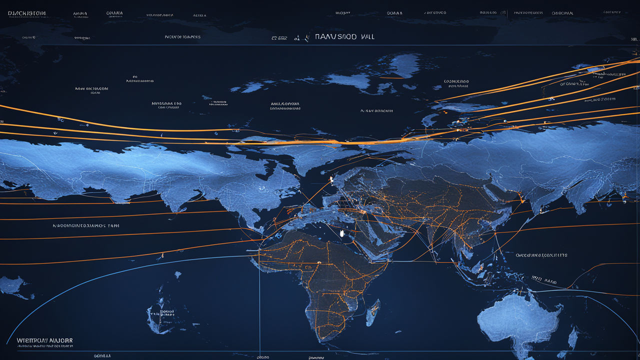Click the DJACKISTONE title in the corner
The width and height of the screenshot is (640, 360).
(x=23, y=13)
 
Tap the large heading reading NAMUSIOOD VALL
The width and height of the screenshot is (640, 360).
(x=344, y=37)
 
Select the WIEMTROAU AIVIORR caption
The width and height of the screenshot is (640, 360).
(x=44, y=340)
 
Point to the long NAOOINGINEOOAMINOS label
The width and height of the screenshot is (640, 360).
(x=85, y=225)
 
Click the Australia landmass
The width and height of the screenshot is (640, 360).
(x=520, y=320)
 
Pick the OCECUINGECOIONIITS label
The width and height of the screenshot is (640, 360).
(x=541, y=255)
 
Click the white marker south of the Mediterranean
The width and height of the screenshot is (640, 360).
(x=342, y=233)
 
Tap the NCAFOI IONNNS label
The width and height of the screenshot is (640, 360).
(x=182, y=37)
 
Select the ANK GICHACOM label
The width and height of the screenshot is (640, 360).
(x=91, y=88)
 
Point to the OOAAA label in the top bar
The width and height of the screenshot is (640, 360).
(x=394, y=12)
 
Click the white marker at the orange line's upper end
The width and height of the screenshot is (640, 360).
(x=330, y=177)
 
